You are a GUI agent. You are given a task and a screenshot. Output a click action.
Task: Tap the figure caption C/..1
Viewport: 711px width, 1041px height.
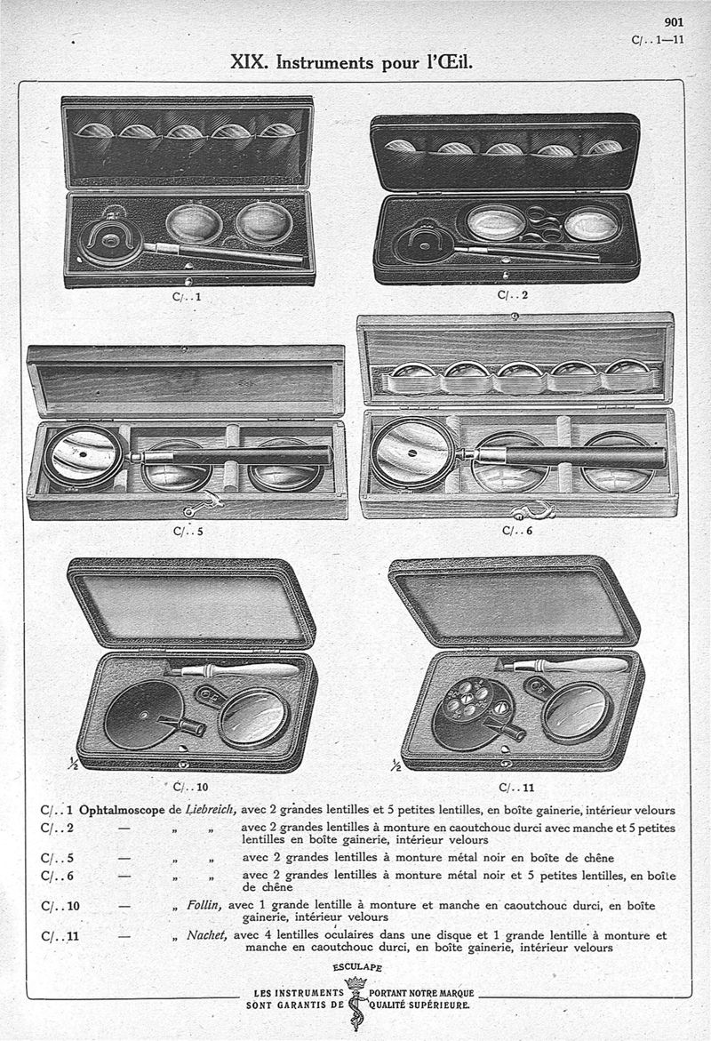point(187,298)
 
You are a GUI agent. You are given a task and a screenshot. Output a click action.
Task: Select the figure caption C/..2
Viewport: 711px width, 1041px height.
point(514,293)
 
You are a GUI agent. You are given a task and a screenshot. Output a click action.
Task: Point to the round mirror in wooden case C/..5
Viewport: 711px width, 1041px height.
point(84,455)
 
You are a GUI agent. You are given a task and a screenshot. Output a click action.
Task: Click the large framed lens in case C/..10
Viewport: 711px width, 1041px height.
point(254,717)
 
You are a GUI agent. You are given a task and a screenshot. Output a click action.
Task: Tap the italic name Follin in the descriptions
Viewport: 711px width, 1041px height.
point(204,906)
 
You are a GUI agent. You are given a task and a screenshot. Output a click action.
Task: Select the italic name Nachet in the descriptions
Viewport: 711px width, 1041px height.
point(205,934)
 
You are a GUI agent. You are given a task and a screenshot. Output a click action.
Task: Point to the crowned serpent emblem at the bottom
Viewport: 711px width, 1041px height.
point(356,1000)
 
